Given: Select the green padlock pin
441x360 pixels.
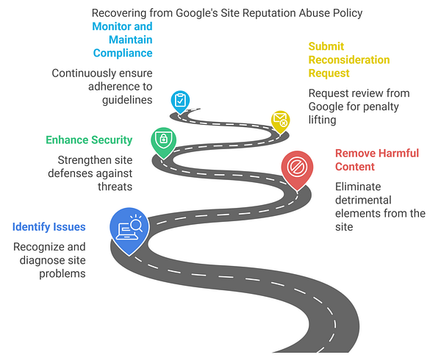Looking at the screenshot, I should point(162,140).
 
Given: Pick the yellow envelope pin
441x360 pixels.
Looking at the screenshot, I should point(280,119).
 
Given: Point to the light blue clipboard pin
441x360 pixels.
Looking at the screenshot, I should point(179,101).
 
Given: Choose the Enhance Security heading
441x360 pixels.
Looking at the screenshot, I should point(89,140).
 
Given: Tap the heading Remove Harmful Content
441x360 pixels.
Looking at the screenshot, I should point(376,159).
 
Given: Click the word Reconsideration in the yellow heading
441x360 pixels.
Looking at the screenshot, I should point(348,60).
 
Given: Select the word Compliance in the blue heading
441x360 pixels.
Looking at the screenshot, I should point(123,53).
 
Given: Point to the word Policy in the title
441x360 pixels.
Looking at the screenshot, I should point(345,12).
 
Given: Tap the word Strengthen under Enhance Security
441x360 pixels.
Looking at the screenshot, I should point(83,160).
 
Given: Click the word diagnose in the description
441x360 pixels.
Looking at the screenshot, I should point(61,260).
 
